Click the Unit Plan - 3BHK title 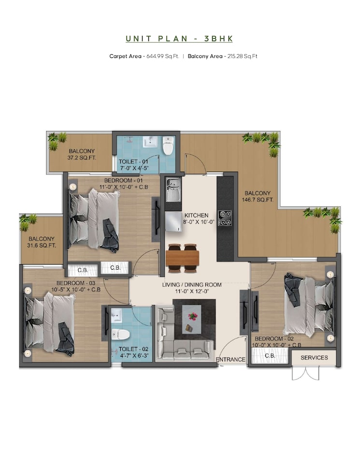tap(180, 39)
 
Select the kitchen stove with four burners tap(225, 217)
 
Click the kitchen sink tap(173, 189)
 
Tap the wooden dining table tap(182, 258)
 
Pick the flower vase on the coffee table tap(193, 316)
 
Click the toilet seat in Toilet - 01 tap(168, 146)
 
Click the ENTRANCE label tap(231, 360)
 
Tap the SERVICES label tap(314, 358)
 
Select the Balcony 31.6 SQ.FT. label tap(42, 242)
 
